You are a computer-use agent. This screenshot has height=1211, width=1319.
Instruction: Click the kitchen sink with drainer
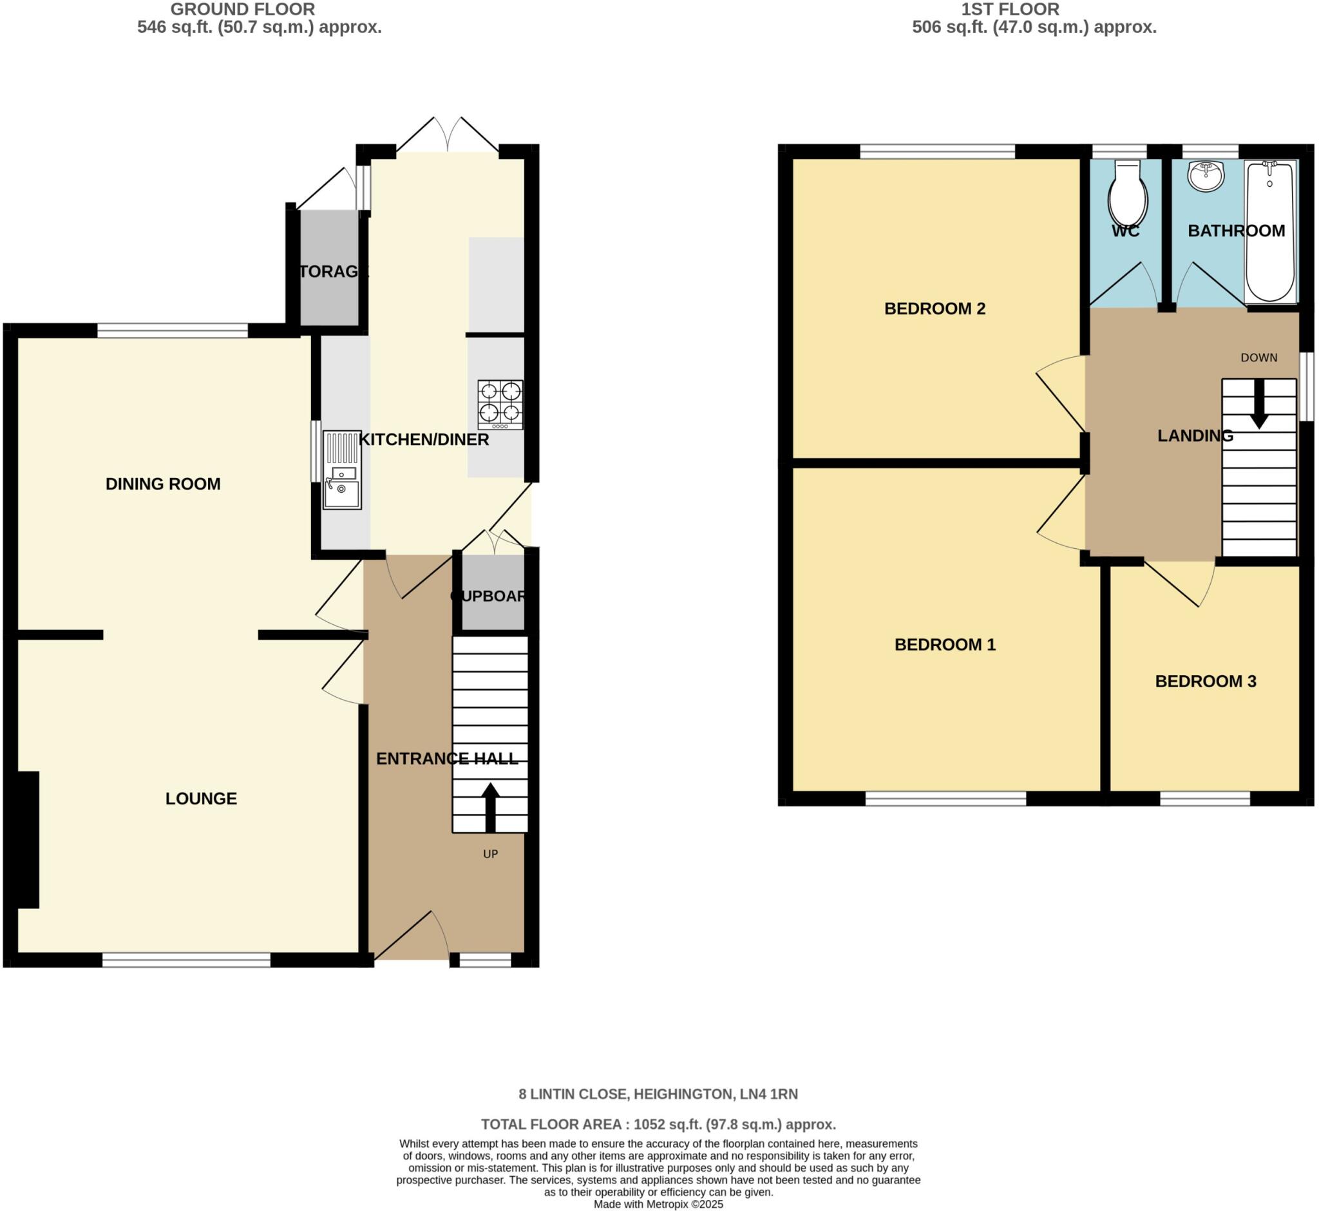click(x=341, y=469)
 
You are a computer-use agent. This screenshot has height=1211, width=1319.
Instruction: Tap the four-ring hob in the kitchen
click(x=500, y=405)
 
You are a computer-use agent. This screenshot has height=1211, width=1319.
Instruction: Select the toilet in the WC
click(x=1127, y=193)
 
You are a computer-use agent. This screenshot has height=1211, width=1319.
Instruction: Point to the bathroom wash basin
click(x=1206, y=176)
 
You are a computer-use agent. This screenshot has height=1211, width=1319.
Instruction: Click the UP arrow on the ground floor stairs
click(x=490, y=806)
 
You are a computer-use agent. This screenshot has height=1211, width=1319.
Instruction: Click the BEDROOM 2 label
click(x=935, y=309)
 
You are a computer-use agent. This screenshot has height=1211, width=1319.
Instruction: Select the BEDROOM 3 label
click(x=1205, y=682)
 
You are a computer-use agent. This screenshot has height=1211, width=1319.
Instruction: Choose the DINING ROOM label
click(x=163, y=484)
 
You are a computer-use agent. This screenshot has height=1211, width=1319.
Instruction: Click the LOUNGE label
click(x=200, y=799)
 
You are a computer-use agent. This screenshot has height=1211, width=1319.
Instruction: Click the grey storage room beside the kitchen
click(x=329, y=269)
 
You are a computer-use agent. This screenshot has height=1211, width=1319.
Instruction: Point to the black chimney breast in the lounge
click(x=28, y=839)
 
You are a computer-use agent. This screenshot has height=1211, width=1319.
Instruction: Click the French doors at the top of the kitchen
click(x=448, y=138)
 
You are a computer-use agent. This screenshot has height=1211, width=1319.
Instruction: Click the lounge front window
click(x=186, y=960)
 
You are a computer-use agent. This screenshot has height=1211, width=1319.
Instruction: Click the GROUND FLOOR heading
click(x=242, y=9)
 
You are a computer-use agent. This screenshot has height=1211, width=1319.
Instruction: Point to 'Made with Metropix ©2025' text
click(x=658, y=1205)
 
